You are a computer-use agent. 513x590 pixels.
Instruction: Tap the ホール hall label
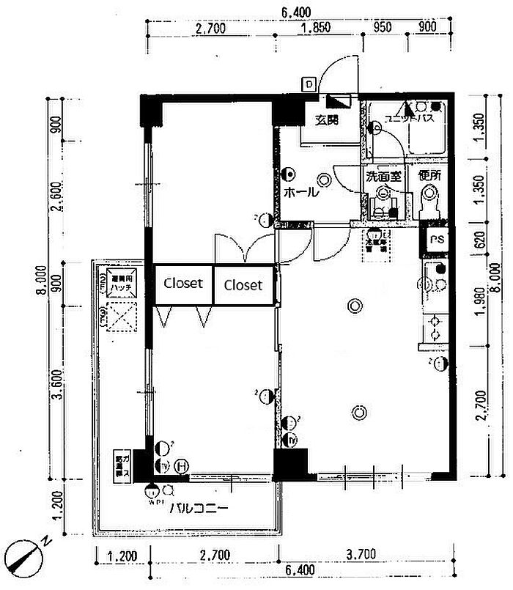click(300, 193)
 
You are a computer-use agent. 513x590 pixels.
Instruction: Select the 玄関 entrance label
click(327, 120)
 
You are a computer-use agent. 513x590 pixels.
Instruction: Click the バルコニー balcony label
click(199, 508)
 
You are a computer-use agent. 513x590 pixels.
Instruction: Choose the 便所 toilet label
click(429, 176)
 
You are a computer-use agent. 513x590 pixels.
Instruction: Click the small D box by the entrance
click(309, 84)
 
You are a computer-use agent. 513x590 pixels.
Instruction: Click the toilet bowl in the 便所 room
click(429, 196)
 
